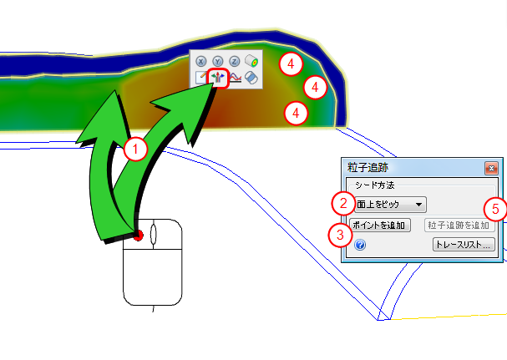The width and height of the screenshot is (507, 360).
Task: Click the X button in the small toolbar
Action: pos(201,61)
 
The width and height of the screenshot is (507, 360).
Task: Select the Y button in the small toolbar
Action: pos(218,61)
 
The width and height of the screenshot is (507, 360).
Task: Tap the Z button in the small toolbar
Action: pos(235,61)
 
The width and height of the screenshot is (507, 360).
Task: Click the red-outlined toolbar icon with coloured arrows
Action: pos(218,78)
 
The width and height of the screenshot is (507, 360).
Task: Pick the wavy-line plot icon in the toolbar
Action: pos(235,78)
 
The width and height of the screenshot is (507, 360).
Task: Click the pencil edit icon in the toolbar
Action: pos(201,78)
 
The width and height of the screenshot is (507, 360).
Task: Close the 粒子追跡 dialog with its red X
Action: pos(491,169)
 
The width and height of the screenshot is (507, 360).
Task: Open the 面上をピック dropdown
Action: pos(390,205)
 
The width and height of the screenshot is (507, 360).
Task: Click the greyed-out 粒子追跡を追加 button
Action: pos(459,226)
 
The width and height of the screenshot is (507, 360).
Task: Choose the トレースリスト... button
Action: pos(464,245)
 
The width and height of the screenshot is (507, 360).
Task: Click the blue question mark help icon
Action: pos(360,245)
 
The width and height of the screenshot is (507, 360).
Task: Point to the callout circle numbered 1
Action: pos(135,150)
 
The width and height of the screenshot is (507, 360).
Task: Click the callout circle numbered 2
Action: pos(343,204)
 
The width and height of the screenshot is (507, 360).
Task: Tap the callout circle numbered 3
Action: pos(340,235)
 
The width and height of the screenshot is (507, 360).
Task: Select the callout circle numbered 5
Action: pos(495,210)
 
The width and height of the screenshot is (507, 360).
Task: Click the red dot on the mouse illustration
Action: pos(138,236)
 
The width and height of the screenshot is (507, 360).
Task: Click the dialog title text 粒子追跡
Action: pos(368,168)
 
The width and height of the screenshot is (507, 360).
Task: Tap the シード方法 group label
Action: pos(374,185)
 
